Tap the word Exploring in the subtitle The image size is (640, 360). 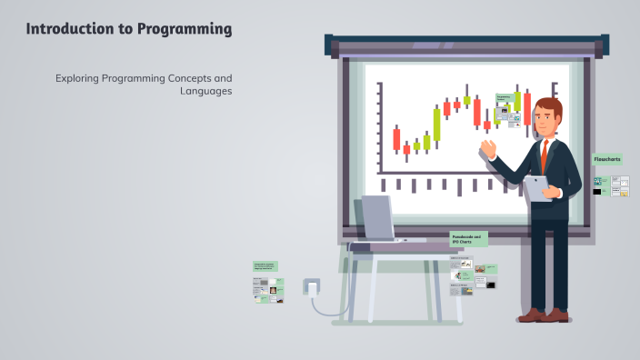[x=79, y=78]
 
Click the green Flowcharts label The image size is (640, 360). [x=606, y=159]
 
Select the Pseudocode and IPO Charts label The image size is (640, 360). [x=468, y=239]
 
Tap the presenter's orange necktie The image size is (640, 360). [x=545, y=155]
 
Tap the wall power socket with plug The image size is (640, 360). [x=312, y=288]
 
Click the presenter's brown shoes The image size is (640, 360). [x=544, y=315]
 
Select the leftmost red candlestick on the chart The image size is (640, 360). [x=396, y=139]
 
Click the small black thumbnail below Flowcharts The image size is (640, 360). [x=597, y=192]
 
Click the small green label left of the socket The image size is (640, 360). [x=265, y=266]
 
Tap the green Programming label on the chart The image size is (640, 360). [x=504, y=96]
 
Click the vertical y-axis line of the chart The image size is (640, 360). [x=379, y=127]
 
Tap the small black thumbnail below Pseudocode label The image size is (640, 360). [x=491, y=285]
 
